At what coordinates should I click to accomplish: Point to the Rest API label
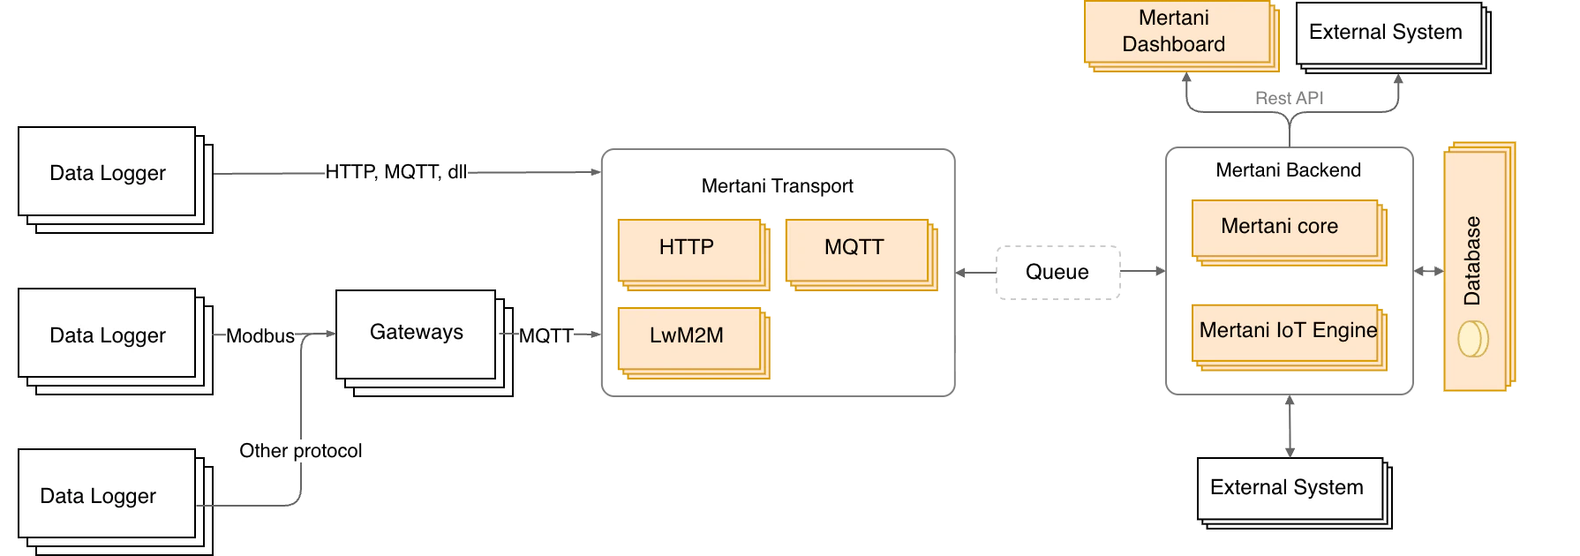tap(1290, 98)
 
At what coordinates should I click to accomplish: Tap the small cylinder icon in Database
tap(1472, 339)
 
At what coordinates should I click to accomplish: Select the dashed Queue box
tap(1058, 273)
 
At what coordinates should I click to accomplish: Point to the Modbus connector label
tap(260, 336)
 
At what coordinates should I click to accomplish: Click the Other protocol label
tap(301, 451)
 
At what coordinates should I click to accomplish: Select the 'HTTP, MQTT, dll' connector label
tap(396, 172)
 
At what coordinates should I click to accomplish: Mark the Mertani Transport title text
tap(778, 186)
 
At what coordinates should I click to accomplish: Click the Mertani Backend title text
tap(1289, 170)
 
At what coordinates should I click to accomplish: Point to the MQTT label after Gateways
tap(546, 336)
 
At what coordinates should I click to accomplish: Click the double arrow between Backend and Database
tap(1429, 271)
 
